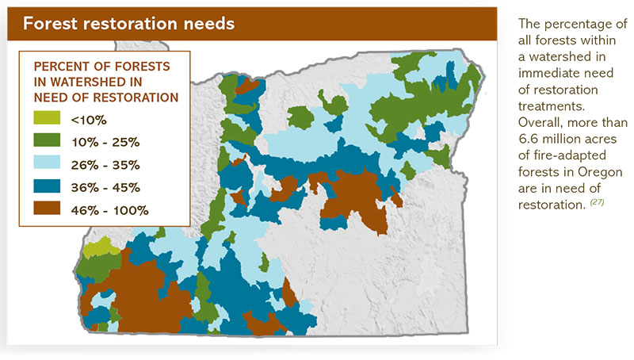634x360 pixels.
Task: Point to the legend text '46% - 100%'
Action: [x=109, y=210]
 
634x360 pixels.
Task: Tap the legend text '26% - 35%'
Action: [x=105, y=165]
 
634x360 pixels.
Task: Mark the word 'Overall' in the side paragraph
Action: [x=540, y=124]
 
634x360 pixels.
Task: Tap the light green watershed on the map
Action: [x=102, y=248]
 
